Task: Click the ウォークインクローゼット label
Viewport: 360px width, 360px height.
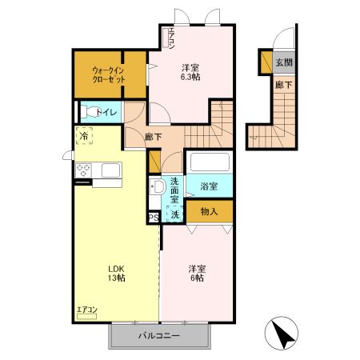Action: [107, 75]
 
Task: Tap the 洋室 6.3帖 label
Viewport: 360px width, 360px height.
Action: [189, 72]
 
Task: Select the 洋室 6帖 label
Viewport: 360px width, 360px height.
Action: [196, 273]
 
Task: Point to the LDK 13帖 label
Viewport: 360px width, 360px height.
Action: [116, 273]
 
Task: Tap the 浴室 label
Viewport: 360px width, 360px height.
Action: [209, 186]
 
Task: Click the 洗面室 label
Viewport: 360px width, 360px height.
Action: [173, 190]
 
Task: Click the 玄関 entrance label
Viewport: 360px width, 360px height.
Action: [283, 62]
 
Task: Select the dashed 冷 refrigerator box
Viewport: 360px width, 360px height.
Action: [84, 138]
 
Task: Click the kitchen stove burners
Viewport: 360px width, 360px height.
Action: [83, 170]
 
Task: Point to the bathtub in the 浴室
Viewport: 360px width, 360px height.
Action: [210, 162]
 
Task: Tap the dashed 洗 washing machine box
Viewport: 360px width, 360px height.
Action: [174, 214]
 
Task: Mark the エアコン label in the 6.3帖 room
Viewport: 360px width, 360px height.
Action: [171, 39]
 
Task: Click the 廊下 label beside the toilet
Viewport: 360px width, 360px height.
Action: [154, 137]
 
